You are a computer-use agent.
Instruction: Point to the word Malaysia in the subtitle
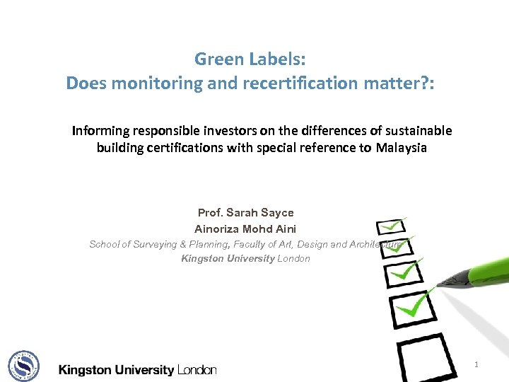402,149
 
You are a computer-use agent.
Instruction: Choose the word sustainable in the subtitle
416,131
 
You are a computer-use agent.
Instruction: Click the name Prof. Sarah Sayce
245,213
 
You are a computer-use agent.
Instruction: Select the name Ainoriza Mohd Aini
245,228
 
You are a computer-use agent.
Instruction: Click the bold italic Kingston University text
228,258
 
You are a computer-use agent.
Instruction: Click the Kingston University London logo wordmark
137,369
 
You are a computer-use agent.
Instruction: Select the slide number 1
476,364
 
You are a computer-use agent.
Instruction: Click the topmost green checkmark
393,226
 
